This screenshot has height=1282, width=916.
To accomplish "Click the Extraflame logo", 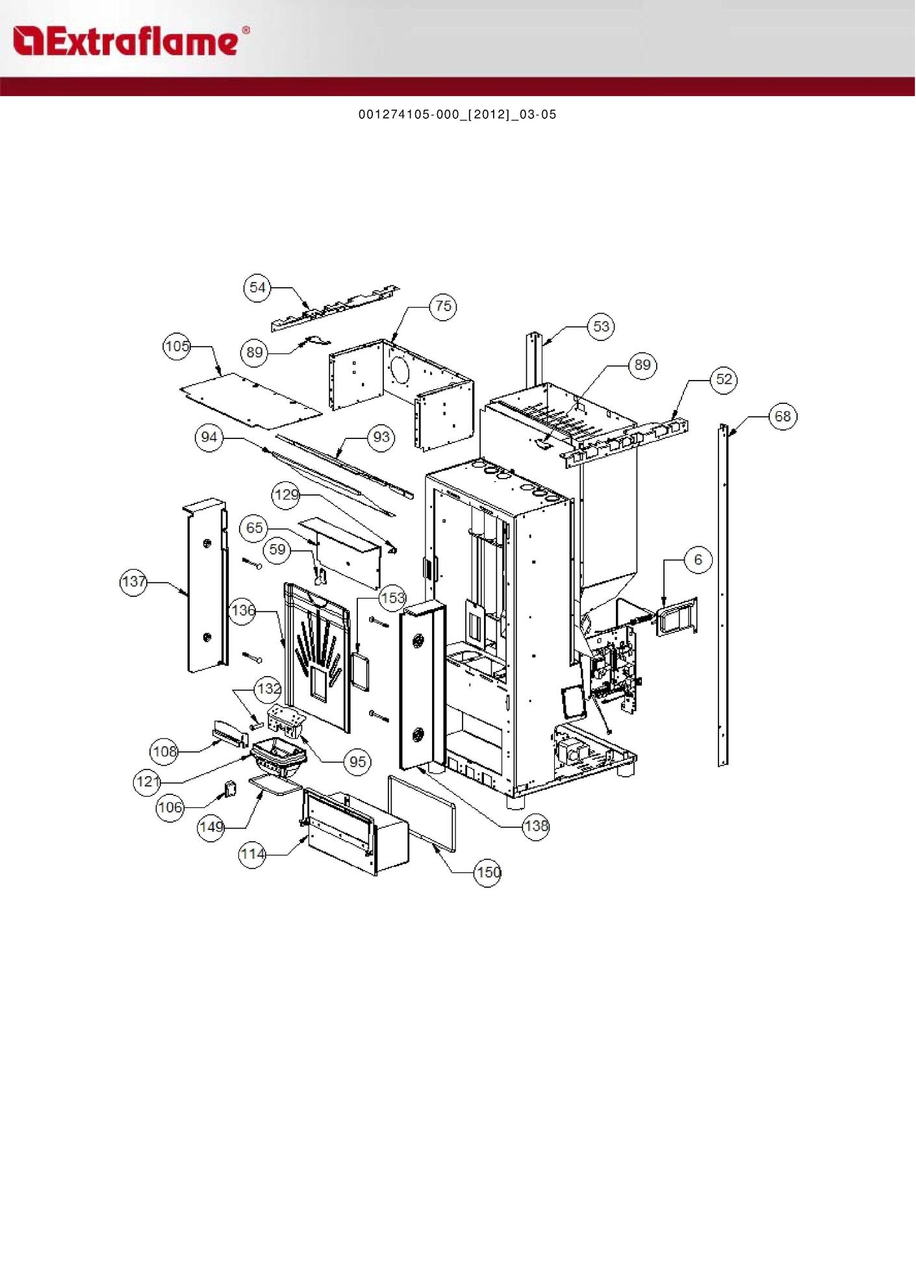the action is (131, 41).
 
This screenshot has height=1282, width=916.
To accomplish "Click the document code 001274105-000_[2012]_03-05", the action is (457, 114).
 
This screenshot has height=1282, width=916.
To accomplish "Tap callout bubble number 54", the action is (258, 288).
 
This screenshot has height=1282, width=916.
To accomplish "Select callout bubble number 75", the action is (443, 306).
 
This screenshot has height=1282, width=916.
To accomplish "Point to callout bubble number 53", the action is (602, 326).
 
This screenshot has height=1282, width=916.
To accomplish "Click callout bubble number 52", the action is (724, 379).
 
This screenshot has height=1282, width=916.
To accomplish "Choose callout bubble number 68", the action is (783, 416).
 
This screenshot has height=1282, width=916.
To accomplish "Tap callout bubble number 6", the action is (698, 560).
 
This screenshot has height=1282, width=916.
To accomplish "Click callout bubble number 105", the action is (177, 346).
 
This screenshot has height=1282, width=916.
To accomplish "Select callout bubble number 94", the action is (209, 437).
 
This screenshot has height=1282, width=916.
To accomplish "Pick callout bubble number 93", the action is (381, 437).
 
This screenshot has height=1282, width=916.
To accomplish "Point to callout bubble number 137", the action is (134, 582).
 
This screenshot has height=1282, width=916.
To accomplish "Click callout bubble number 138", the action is (536, 826).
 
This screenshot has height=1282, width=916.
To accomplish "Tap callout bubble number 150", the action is (488, 872).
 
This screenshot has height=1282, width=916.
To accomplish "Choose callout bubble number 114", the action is (252, 854).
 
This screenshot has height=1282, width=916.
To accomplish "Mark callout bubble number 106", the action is (170, 807).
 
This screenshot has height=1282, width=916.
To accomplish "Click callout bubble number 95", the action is (358, 761).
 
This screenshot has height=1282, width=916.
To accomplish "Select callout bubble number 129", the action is (286, 495).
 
